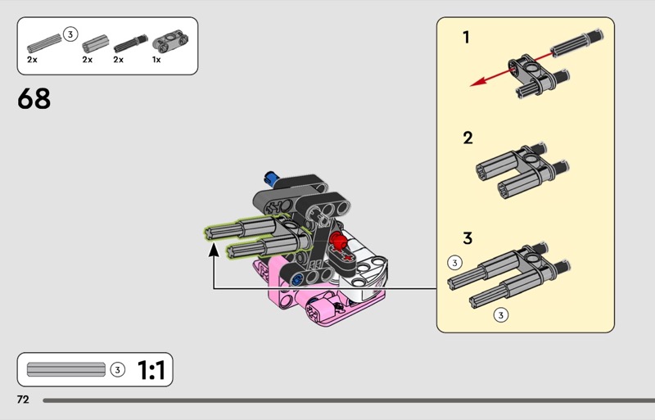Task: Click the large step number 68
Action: tap(34, 99)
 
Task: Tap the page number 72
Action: tap(23, 400)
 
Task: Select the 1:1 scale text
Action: tap(151, 371)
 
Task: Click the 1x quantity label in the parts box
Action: tap(156, 60)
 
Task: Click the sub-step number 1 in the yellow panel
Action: tap(466, 37)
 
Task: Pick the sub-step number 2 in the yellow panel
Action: tap(468, 138)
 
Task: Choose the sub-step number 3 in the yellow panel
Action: tap(468, 238)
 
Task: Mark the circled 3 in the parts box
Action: tap(70, 34)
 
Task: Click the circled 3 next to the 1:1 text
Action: tap(117, 370)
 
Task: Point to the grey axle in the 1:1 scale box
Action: tap(66, 370)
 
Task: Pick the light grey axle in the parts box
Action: tap(43, 41)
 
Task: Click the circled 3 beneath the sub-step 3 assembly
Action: tap(501, 314)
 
